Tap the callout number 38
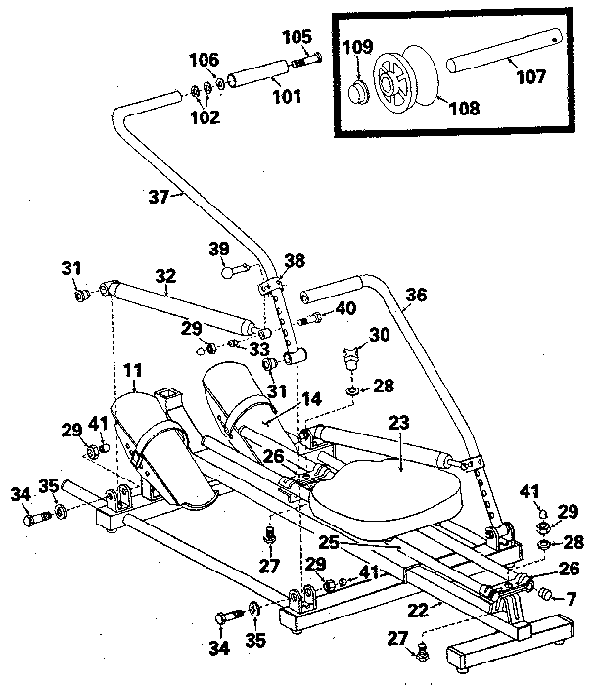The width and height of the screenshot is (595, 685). coord(295,261)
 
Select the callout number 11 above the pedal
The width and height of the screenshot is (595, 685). coord(132,372)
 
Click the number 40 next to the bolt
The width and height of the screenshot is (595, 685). coord(346,309)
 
